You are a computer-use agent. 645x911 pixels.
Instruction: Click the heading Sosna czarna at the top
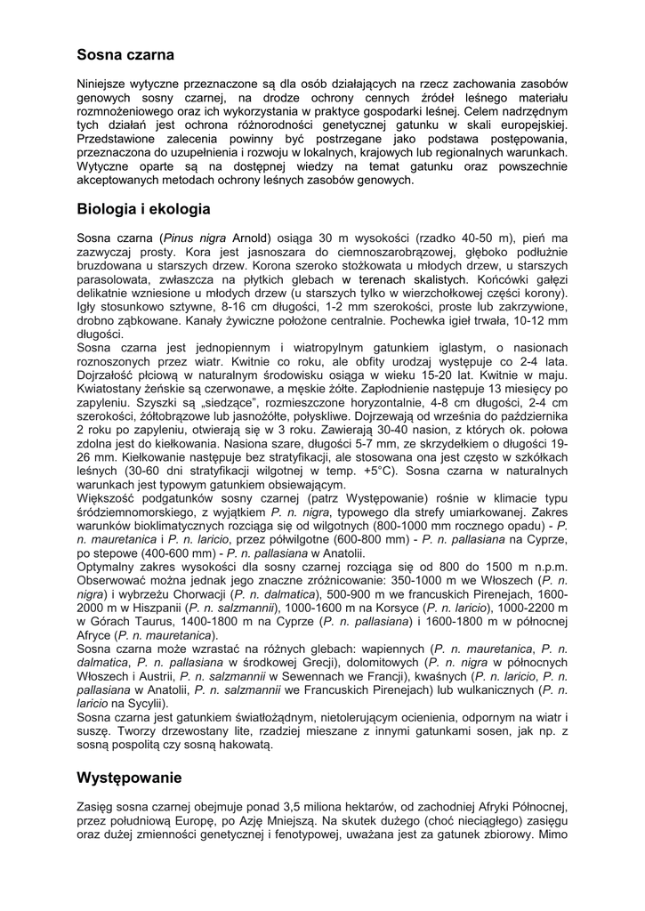click(125, 55)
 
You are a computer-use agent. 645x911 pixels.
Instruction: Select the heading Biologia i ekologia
click(143, 210)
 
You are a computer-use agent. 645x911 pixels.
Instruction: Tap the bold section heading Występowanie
click(129, 778)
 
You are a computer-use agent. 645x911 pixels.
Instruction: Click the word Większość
click(108, 498)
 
